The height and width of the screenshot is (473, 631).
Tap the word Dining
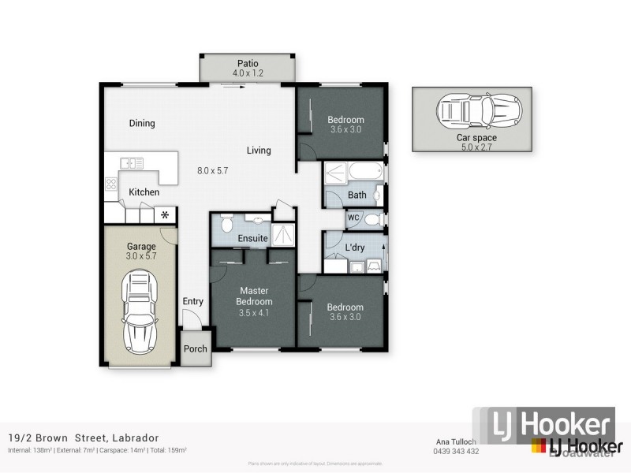click(142, 123)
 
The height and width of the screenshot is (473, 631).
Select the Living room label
click(259, 150)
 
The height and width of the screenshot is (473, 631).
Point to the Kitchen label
click(144, 192)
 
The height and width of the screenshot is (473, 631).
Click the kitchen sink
click(132, 163)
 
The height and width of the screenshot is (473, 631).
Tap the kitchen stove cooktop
click(111, 186)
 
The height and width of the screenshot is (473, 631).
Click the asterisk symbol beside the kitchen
click(166, 214)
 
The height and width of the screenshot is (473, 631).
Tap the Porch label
click(195, 348)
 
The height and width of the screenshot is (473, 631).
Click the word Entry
click(192, 301)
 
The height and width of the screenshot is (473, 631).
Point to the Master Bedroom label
click(255, 296)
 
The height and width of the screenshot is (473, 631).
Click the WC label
click(353, 218)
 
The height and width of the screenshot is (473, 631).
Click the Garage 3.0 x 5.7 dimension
click(142, 256)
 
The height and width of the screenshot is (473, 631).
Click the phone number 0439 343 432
click(457, 451)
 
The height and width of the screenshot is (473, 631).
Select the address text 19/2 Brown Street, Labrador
click(83, 438)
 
